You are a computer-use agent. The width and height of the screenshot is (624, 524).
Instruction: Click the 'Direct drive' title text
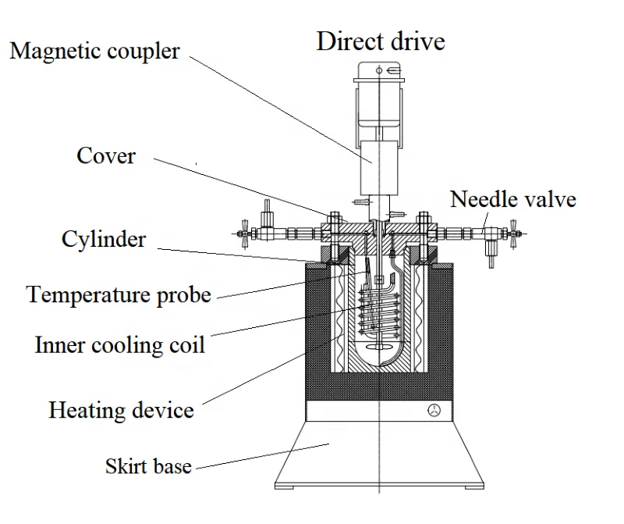[380, 41]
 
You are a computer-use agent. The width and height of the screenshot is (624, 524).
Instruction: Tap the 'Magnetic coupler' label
[94, 52]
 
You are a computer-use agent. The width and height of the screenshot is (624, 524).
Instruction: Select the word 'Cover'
[106, 155]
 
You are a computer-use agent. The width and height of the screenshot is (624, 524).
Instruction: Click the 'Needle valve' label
[512, 199]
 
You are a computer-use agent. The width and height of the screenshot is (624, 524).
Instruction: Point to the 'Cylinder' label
[104, 238]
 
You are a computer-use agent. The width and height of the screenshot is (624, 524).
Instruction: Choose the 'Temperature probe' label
[119, 294]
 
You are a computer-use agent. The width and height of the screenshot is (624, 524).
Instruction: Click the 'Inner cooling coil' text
[119, 344]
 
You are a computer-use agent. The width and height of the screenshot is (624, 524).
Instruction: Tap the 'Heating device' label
[121, 409]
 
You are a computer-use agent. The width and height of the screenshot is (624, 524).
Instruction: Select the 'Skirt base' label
[148, 466]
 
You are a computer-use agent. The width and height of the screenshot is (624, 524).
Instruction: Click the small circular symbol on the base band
[435, 411]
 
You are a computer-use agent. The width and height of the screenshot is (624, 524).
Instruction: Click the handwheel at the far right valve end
[514, 233]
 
